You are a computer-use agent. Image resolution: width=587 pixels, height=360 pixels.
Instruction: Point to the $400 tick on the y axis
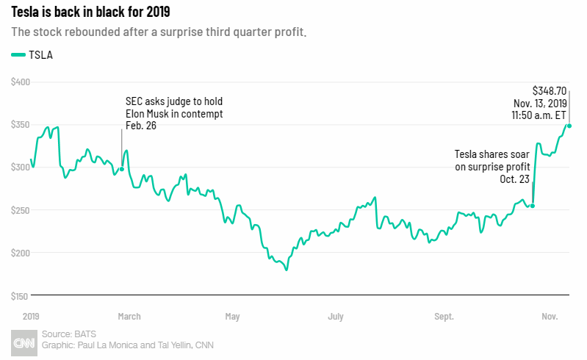point(20,82)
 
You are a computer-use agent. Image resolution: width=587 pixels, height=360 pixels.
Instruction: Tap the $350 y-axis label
point(20,125)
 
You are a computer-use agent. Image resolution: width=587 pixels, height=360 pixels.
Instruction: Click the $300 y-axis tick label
point(20,168)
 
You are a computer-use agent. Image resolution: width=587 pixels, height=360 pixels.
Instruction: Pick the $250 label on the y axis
point(20,210)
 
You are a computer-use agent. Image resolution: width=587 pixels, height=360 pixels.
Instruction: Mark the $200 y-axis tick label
point(20,253)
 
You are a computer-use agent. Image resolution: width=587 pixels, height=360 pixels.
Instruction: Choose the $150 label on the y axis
point(20,296)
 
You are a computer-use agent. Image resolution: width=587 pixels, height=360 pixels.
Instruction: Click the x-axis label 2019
point(30,317)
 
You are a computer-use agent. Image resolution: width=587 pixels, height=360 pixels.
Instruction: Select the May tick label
point(232,317)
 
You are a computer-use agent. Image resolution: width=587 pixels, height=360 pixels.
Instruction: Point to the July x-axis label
point(335,317)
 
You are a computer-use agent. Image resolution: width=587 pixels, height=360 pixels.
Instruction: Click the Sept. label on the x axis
point(443,317)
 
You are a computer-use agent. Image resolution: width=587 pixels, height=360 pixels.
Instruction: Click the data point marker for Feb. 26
point(121,169)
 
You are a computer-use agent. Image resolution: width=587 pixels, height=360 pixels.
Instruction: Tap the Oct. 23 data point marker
point(533,206)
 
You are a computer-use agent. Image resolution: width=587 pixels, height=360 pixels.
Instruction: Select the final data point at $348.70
point(569,126)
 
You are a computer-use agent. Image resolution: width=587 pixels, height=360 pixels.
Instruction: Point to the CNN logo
point(25,342)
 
